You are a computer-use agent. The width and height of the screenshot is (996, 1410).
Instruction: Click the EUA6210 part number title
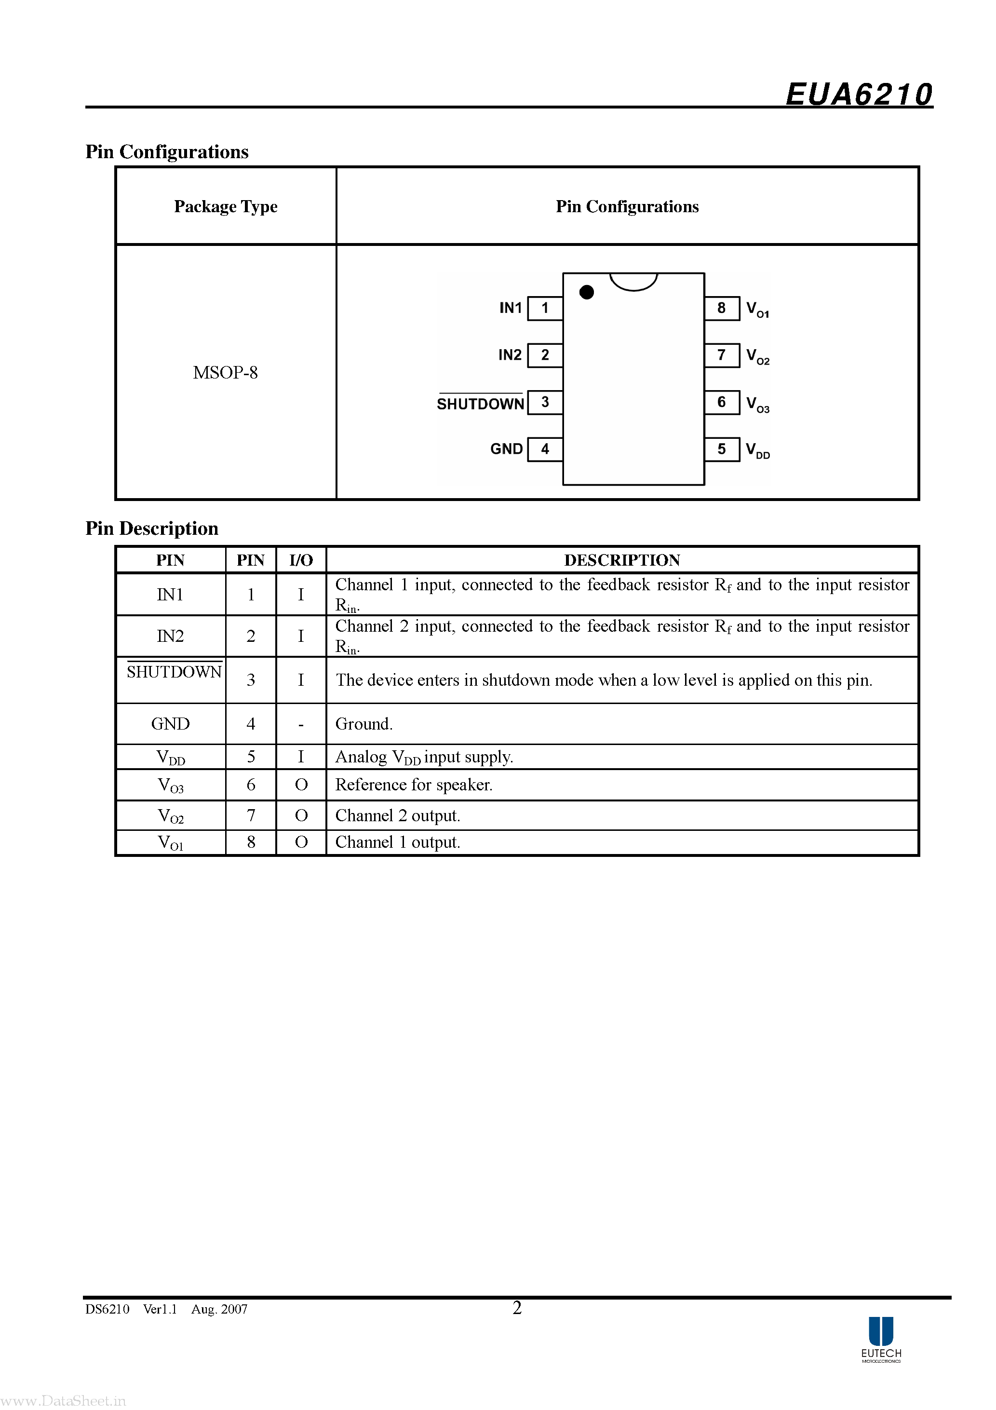pos(859,95)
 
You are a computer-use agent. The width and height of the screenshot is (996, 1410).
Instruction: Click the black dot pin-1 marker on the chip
pos(586,292)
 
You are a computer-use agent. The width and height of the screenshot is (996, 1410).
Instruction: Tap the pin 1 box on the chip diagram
pos(545,308)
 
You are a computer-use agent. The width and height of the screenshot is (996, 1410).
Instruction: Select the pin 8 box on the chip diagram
pos(722,308)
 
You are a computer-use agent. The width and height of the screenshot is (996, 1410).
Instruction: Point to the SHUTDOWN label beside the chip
pos(480,404)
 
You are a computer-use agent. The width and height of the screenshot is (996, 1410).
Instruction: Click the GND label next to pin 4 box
pos(506,449)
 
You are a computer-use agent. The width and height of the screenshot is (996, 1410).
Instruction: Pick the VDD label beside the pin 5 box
pos(758,450)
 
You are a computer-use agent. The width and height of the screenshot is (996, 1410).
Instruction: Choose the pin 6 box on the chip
pos(722,402)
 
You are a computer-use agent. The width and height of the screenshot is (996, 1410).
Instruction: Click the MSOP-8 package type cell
pos(225,372)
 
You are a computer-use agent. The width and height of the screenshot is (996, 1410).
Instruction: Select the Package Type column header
pos(225,206)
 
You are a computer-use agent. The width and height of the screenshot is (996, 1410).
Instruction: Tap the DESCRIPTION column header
pos(621,560)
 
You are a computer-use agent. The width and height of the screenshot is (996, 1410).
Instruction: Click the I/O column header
pos(301,560)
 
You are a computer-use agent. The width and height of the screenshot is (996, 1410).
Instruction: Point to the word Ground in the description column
pos(363,724)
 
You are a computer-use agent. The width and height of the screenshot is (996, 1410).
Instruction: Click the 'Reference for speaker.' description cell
pos(414,785)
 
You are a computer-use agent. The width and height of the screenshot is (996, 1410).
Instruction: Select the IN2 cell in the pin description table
pos(170,636)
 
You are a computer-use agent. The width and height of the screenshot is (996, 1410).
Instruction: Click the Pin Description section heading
pos(152,528)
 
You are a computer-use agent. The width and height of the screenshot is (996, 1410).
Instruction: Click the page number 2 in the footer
pos(517,1308)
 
